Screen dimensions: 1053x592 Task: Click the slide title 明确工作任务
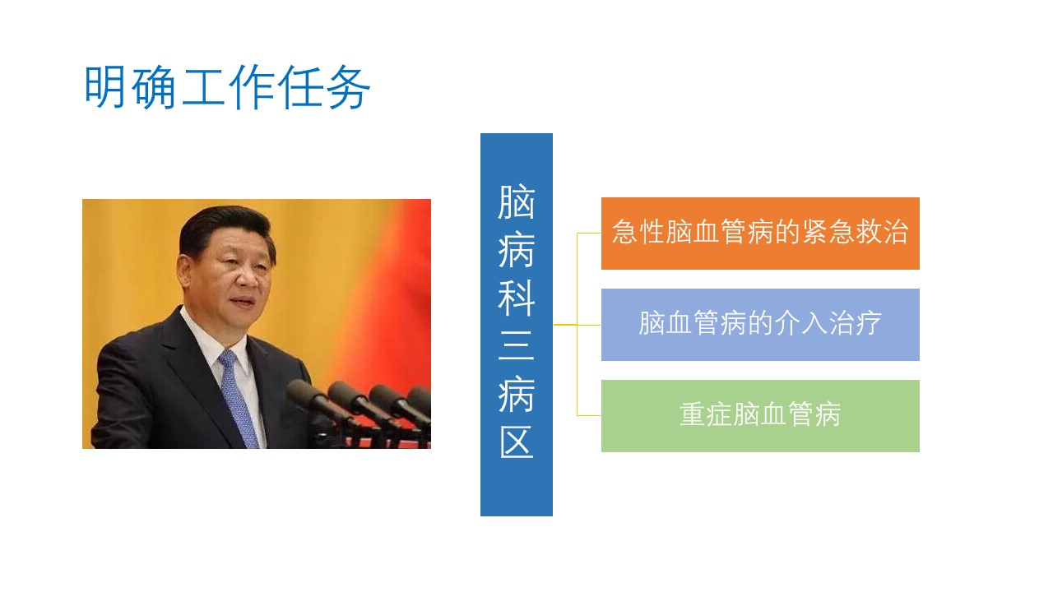pos(227,87)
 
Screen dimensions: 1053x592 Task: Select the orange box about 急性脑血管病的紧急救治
pos(760,234)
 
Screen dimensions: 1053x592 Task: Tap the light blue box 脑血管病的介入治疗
pos(760,325)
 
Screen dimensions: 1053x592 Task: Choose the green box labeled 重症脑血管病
pos(760,416)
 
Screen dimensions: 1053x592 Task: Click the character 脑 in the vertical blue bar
pos(516,202)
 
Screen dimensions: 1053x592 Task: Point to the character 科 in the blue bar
pos(516,298)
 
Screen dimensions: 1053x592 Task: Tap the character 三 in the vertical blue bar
pos(516,346)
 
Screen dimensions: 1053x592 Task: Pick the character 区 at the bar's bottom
pos(516,442)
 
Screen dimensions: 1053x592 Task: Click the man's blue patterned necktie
pos(238,400)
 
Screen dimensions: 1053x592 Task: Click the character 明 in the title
pos(105,87)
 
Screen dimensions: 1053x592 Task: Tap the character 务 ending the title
pos(348,87)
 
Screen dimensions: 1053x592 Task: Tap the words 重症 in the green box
pos(706,414)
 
